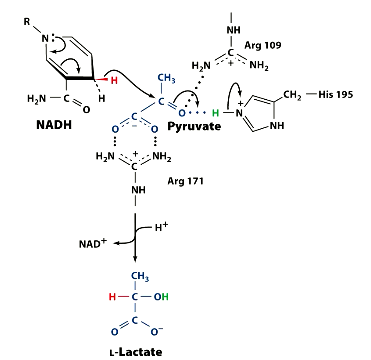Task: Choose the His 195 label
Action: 343,96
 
